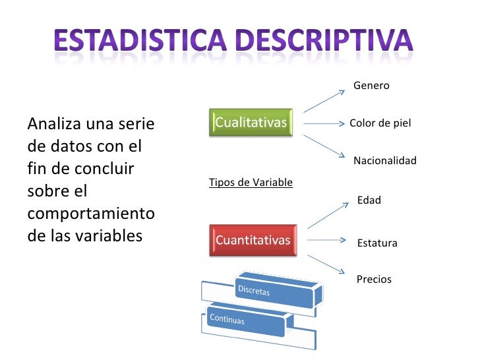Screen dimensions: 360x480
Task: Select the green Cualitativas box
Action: coord(251,123)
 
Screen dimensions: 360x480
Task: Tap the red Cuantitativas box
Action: coord(253,240)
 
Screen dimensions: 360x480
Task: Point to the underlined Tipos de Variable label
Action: coord(251,182)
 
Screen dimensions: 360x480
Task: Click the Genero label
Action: coord(371,86)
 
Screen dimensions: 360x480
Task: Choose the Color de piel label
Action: coord(380,123)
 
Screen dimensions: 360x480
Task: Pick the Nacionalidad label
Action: coord(385,161)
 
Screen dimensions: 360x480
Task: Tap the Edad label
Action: coord(369,200)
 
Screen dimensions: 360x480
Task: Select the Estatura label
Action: coord(377,243)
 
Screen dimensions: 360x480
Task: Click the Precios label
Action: coord(374,280)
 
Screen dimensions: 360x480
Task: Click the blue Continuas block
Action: coord(244,320)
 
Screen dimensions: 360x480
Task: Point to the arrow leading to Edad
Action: coord(326,216)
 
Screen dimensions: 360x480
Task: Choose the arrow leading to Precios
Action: coord(325,264)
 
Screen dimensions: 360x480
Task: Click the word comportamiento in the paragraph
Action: coord(91,215)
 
